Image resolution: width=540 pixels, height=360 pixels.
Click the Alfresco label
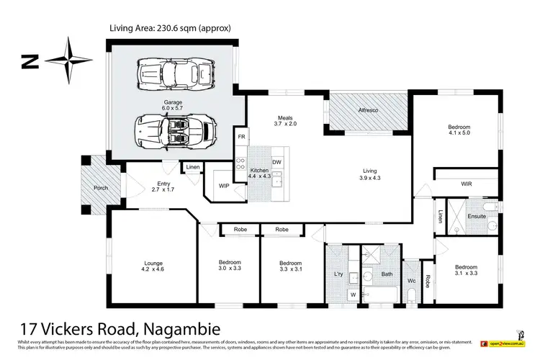click(x=369, y=111)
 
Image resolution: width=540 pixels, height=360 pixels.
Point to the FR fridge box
click(x=242, y=136)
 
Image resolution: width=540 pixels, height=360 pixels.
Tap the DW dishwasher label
click(x=276, y=161)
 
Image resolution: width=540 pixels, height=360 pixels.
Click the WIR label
click(x=466, y=185)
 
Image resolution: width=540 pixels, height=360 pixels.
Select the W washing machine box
click(x=352, y=294)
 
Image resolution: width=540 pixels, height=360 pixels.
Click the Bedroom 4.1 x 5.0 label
click(x=461, y=128)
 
